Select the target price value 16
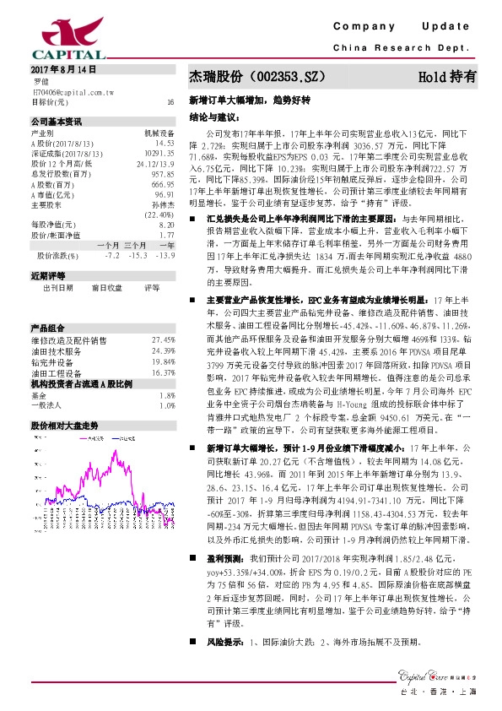tap(170, 101)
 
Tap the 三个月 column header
tap(135, 244)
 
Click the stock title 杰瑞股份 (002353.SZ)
tap(253, 76)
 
